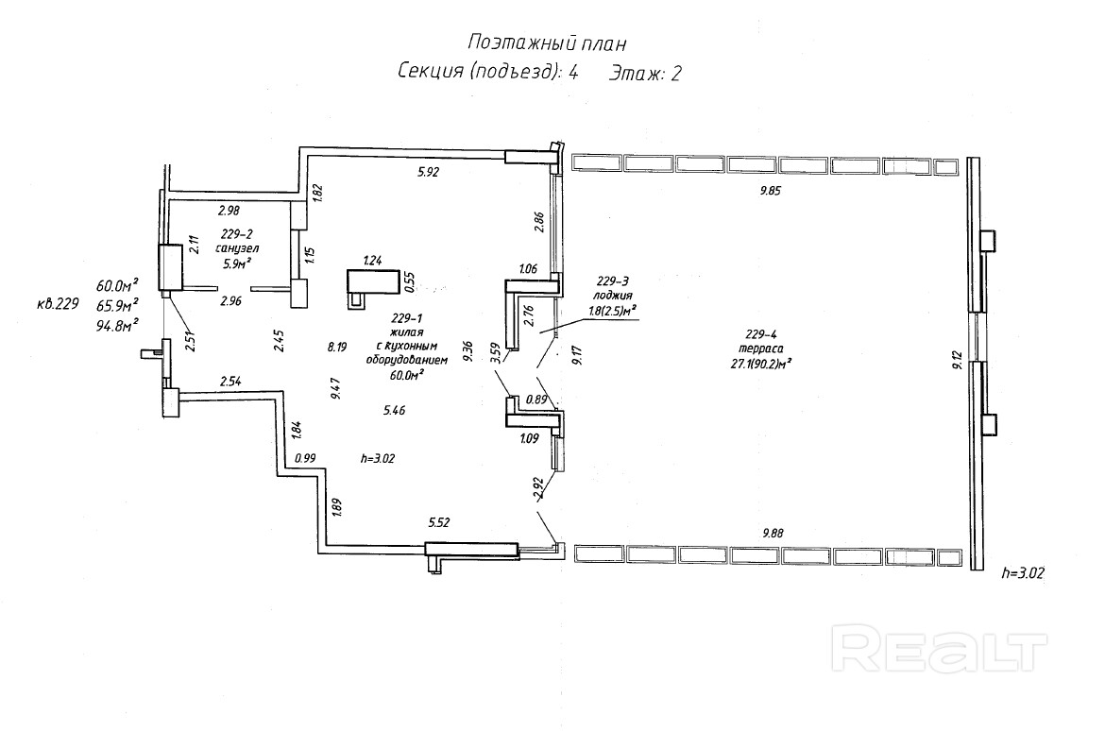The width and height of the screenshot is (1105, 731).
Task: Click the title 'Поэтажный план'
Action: (547, 43)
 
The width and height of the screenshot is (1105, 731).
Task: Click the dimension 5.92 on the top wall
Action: (430, 172)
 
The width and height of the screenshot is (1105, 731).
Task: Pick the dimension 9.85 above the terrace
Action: (771, 190)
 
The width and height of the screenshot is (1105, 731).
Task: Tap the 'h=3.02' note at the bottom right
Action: (1025, 572)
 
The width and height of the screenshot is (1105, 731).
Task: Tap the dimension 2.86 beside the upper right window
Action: (539, 224)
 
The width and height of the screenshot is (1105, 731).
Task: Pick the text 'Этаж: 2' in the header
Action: (645, 73)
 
